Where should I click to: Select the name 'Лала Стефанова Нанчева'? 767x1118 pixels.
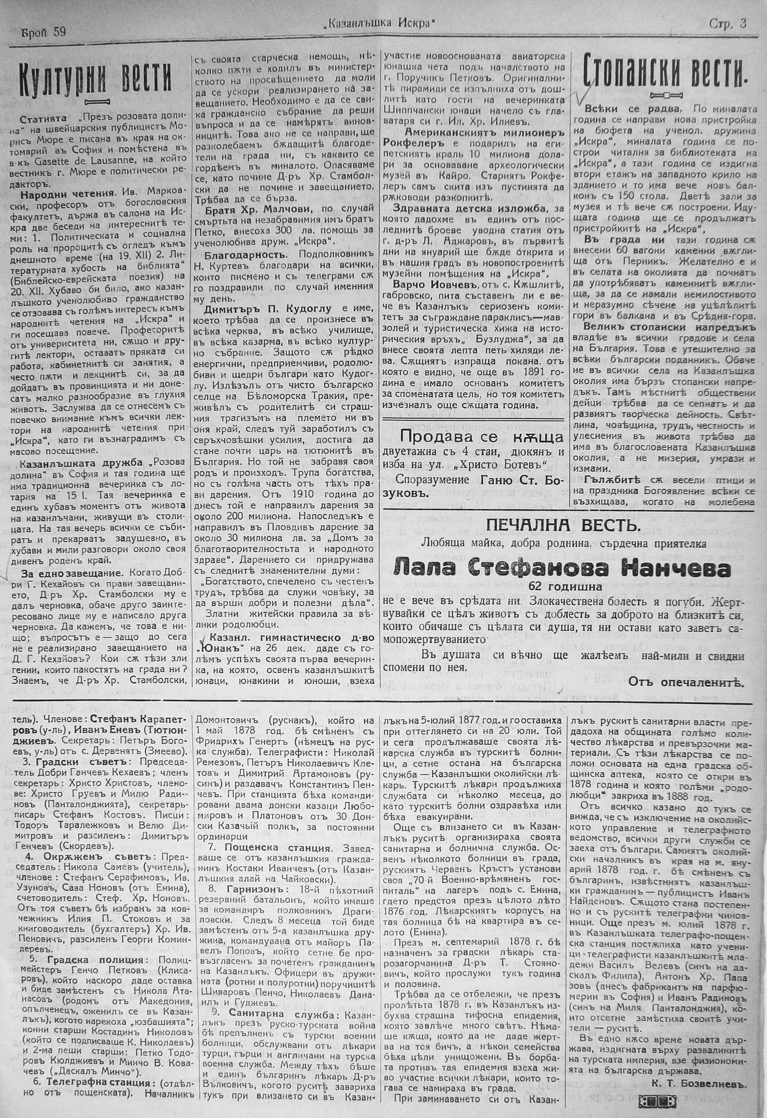pos(562,569)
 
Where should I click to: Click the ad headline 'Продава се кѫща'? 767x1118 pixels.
pos(482,437)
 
